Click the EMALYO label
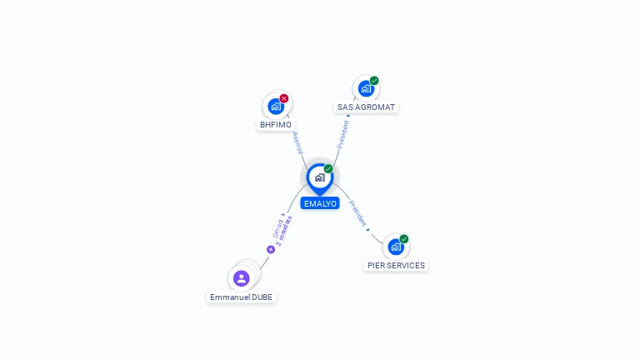320,203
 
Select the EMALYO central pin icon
319,177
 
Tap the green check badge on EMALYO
328,168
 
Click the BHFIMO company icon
276,107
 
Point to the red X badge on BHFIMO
284,98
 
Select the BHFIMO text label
276,125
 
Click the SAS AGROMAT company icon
365,88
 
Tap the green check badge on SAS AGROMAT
374,81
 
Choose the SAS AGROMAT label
366,107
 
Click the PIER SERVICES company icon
395,247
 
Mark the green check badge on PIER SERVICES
404,239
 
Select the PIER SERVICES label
396,266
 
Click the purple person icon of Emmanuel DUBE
242,278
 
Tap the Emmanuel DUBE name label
241,297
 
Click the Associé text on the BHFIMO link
297,142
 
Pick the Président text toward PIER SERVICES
357,213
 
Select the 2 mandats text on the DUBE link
285,230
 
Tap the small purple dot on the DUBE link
271,249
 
